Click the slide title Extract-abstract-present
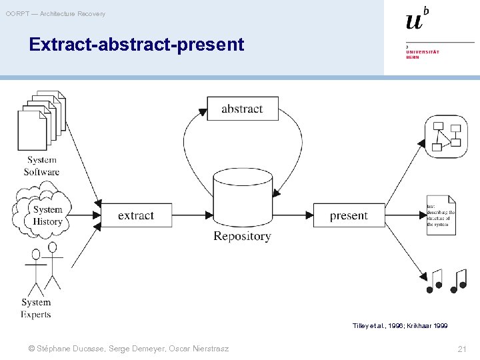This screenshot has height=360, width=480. [137, 45]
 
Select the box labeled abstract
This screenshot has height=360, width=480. [242, 109]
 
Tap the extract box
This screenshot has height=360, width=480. [136, 215]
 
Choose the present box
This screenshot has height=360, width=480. [349, 215]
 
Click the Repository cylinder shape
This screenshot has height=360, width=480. [242, 197]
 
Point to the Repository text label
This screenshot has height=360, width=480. [242, 236]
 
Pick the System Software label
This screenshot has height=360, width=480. [42, 166]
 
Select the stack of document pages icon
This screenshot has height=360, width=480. [41, 121]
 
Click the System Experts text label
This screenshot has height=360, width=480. [36, 308]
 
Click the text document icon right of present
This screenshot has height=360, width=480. [441, 215]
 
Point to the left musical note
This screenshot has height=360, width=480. [435, 281]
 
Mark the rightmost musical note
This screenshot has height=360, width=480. [459, 281]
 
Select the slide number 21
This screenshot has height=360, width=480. [462, 349]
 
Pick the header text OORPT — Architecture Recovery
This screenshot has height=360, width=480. [55, 14]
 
